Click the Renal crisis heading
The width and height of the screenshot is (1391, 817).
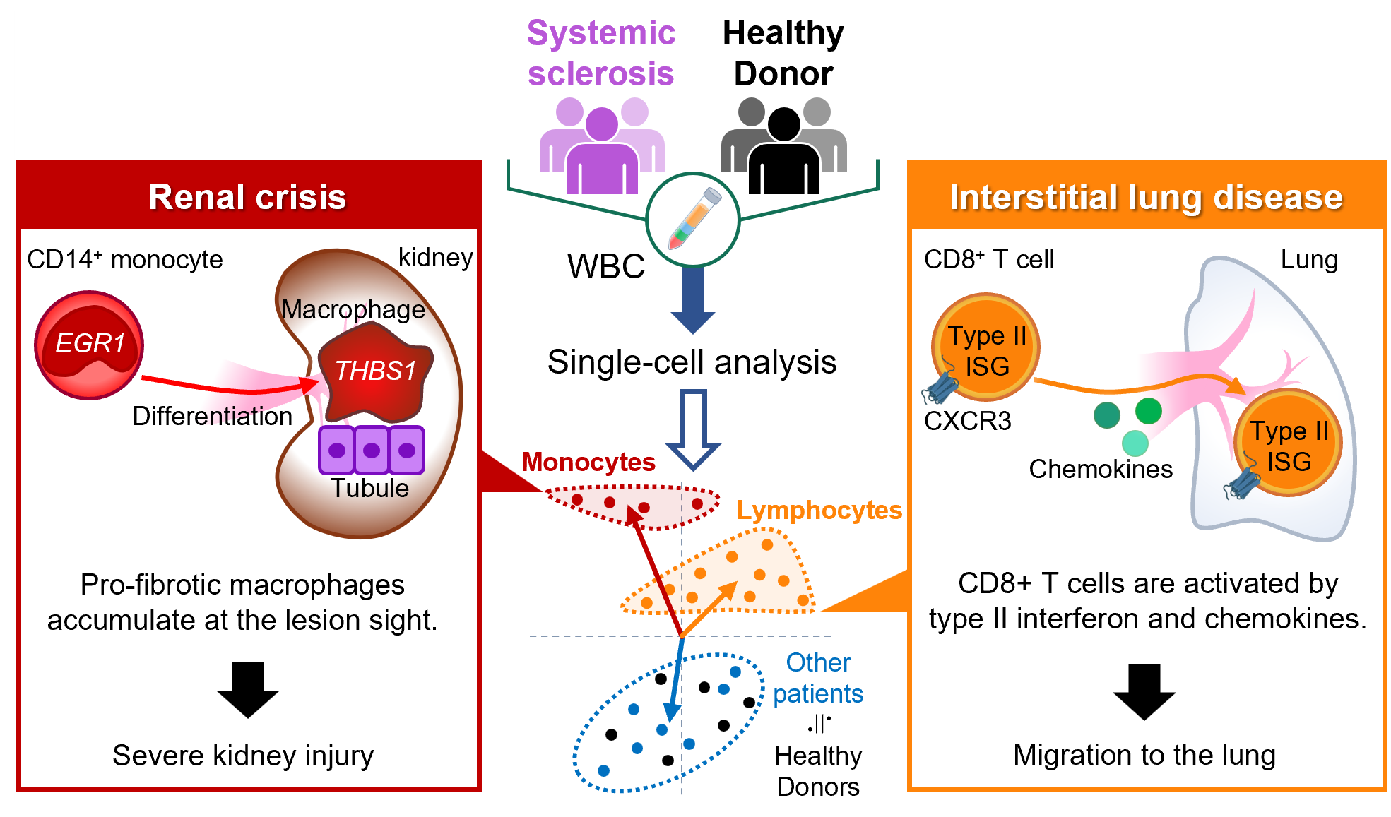pos(247,197)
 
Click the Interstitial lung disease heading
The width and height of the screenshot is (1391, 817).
pos(1145,197)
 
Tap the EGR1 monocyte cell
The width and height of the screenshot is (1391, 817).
pos(89,345)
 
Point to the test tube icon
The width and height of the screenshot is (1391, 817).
pos(694,218)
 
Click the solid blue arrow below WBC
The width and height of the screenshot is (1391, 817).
pos(693,299)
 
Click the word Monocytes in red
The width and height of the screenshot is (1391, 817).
pos(588,462)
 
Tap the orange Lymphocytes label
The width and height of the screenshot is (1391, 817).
pos(819,510)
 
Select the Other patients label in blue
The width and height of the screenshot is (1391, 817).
pos(817,678)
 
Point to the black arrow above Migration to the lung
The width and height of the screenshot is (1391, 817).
pos(1144,691)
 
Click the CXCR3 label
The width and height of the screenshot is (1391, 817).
pos(967,421)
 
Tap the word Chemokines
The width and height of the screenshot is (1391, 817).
pos(1100,469)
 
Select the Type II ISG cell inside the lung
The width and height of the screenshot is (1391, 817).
pos(1288,443)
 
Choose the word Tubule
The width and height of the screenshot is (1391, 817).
pos(369,488)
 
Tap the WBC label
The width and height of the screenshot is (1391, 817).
pos(605,267)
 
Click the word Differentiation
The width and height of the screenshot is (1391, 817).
pos(212,416)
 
